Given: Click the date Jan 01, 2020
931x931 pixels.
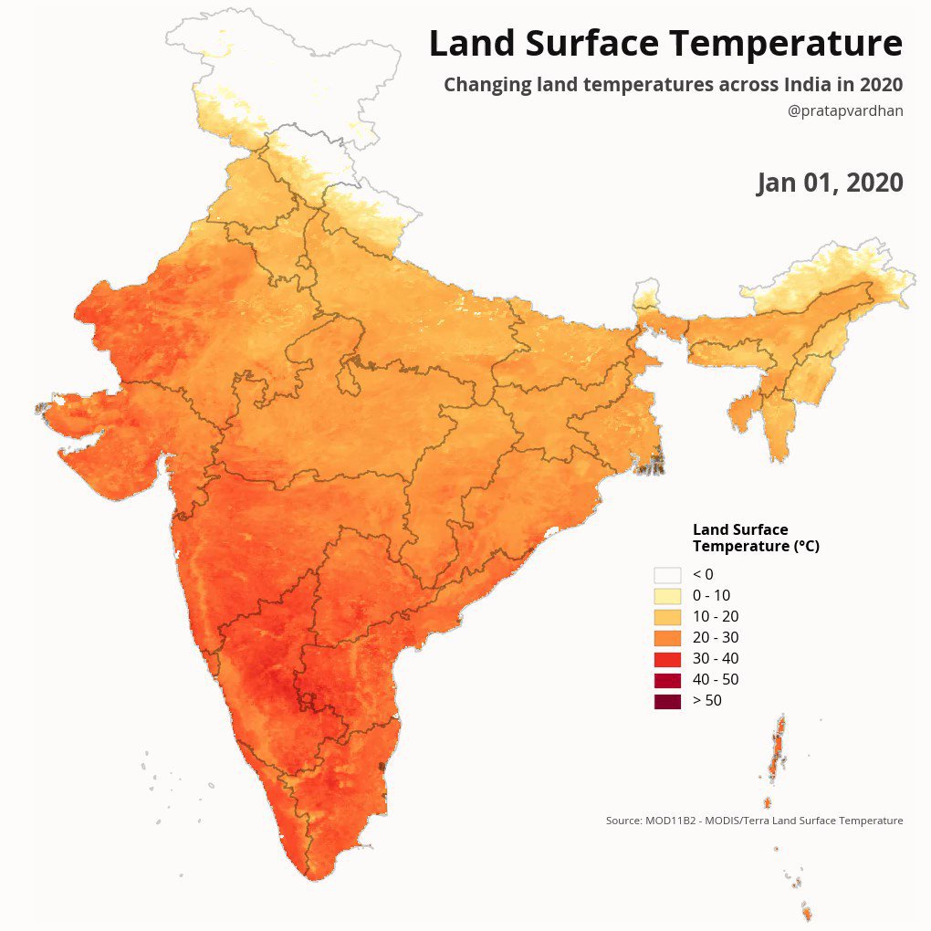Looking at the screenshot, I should click(830, 183).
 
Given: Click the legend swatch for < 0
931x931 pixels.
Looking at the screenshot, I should click(667, 574).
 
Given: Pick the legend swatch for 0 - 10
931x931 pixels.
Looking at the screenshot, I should click(667, 595).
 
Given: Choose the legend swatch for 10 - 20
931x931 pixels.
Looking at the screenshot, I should click(667, 616).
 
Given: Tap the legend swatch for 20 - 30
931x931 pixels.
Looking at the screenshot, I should click(667, 637).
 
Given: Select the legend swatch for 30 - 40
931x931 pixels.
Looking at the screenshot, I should click(667, 658).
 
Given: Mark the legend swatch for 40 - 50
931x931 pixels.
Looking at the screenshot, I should click(667, 679).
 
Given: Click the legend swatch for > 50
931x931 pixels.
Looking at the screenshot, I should click(667, 700).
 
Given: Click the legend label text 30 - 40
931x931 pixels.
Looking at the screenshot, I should click(716, 658).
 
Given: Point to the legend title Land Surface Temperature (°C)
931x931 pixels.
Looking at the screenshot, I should click(755, 538).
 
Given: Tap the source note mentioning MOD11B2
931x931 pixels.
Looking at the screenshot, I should click(754, 821).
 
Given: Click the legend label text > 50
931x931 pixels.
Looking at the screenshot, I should click(706, 700).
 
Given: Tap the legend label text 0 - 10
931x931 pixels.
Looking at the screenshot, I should click(711, 595).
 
